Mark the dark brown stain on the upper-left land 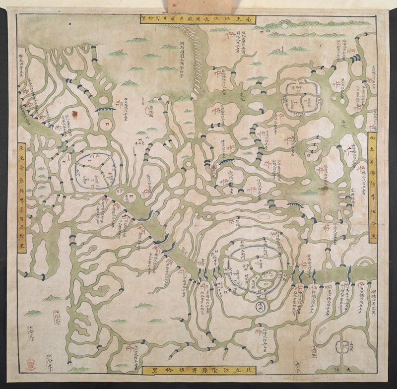[75, 115]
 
